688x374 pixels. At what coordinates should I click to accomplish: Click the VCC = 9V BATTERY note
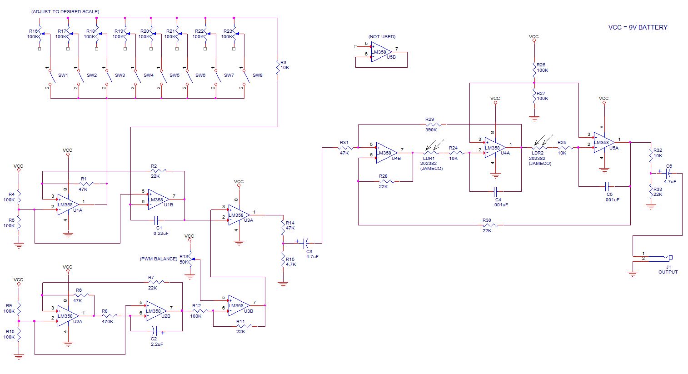pyautogui.click(x=638, y=27)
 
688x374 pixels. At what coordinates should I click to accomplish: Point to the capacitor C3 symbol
pyautogui.click(x=306, y=242)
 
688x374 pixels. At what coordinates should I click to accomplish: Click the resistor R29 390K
pyautogui.click(x=431, y=124)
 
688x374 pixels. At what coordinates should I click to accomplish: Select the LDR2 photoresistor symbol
pyautogui.click(x=539, y=147)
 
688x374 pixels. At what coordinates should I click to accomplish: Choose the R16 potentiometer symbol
pyautogui.click(x=40, y=34)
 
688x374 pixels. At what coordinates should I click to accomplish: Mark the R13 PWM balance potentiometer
pyautogui.click(x=190, y=259)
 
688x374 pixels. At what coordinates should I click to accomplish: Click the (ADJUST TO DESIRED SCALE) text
pyautogui.click(x=65, y=11)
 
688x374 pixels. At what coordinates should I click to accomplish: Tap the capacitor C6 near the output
pyautogui.click(x=668, y=173)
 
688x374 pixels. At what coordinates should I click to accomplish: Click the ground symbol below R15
pyautogui.click(x=283, y=284)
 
